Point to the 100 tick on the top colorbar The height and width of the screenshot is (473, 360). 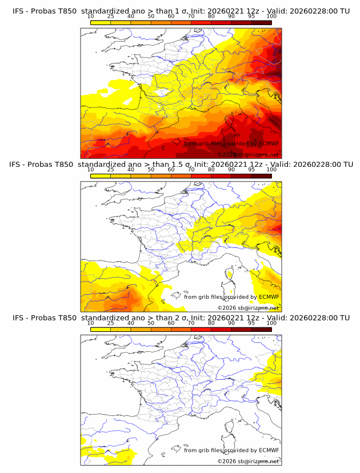coord(271,16)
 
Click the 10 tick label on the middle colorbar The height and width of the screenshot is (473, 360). coord(91,170)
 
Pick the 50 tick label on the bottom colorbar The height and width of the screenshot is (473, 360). coord(151,323)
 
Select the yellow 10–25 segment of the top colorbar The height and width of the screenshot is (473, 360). coord(101,22)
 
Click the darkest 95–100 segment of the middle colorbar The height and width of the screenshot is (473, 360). coord(261,175)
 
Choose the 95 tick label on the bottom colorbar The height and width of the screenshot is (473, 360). coord(251,323)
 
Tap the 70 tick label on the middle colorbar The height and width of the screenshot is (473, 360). coord(191,170)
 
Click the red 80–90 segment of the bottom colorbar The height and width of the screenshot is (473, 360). coord(221,329)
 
